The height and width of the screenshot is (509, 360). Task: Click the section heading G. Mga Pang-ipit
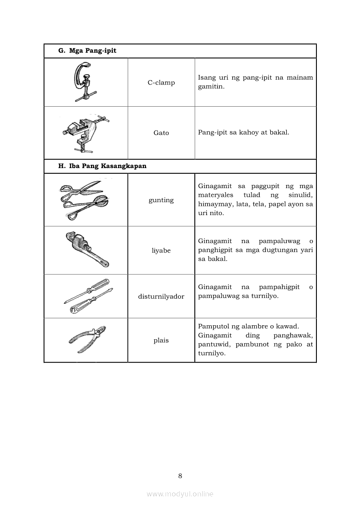pyautogui.click(x=87, y=51)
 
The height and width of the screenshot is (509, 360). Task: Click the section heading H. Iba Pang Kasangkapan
pyautogui.click(x=102, y=166)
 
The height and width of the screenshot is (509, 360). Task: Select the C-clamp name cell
pyautogui.click(x=161, y=83)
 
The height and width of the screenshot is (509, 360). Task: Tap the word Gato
pyautogui.click(x=161, y=133)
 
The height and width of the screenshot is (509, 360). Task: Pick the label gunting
pyautogui.click(x=161, y=200)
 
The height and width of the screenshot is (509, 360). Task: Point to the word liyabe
pyautogui.click(x=161, y=251)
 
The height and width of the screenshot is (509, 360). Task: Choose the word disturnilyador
pyautogui.click(x=161, y=297)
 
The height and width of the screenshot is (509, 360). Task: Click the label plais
pyautogui.click(x=161, y=340)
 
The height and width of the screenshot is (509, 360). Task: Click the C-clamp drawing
pyautogui.click(x=85, y=82)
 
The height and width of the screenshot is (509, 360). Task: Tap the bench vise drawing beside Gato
pyautogui.click(x=85, y=132)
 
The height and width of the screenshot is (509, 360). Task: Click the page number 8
pyautogui.click(x=180, y=475)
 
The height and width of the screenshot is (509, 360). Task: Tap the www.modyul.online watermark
pyautogui.click(x=180, y=494)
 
